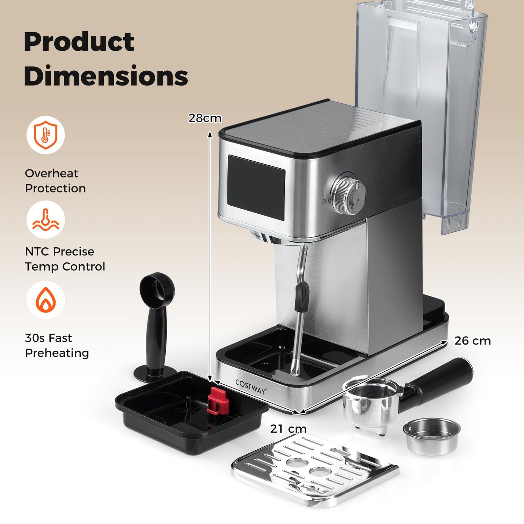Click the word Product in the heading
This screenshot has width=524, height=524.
click(x=79, y=42)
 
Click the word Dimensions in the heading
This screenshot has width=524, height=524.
click(x=106, y=76)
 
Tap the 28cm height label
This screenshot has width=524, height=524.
click(x=205, y=118)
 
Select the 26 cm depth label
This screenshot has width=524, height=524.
click(x=473, y=341)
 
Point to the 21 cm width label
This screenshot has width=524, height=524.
click(x=288, y=429)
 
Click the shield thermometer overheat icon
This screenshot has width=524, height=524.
click(x=45, y=135)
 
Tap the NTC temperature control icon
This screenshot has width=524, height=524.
click(x=45, y=220)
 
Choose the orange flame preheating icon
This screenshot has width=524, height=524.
click(x=45, y=300)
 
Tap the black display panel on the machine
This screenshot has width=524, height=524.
click(x=256, y=187)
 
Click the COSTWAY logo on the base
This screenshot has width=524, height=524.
click(x=251, y=387)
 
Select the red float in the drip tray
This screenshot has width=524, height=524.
click(x=216, y=401)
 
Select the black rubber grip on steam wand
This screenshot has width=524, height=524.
click(x=301, y=297)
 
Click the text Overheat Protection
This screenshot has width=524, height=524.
click(x=55, y=181)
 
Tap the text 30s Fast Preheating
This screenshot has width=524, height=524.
click(x=57, y=345)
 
